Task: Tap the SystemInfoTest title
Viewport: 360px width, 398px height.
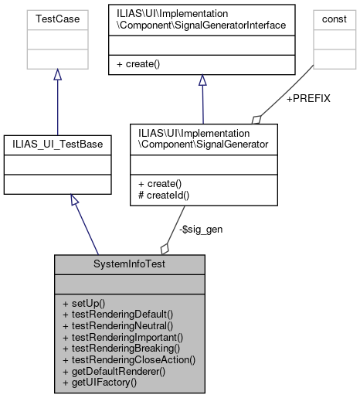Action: [129, 264]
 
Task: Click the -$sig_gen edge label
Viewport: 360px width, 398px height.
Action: [200, 229]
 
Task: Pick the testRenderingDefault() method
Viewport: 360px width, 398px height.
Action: [117, 315]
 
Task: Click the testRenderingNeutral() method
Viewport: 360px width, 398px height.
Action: [117, 325]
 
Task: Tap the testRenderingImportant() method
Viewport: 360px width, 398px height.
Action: [122, 337]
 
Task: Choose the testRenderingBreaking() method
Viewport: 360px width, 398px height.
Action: [120, 349]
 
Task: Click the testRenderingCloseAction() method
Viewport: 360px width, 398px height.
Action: [128, 359]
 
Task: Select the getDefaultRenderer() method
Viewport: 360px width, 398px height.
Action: [114, 371]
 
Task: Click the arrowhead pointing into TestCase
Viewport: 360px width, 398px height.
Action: [57, 75]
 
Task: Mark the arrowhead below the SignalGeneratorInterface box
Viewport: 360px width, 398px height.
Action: [202, 80]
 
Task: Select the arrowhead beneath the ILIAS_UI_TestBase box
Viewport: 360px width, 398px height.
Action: [74, 200]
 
